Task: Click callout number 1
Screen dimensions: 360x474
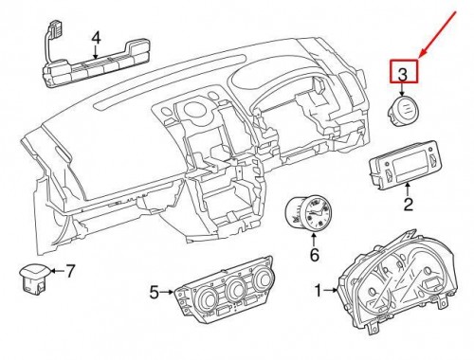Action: click(318, 289)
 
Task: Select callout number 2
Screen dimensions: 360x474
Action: click(409, 202)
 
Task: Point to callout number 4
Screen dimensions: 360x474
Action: click(96, 38)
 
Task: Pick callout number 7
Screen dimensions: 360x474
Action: click(68, 271)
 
